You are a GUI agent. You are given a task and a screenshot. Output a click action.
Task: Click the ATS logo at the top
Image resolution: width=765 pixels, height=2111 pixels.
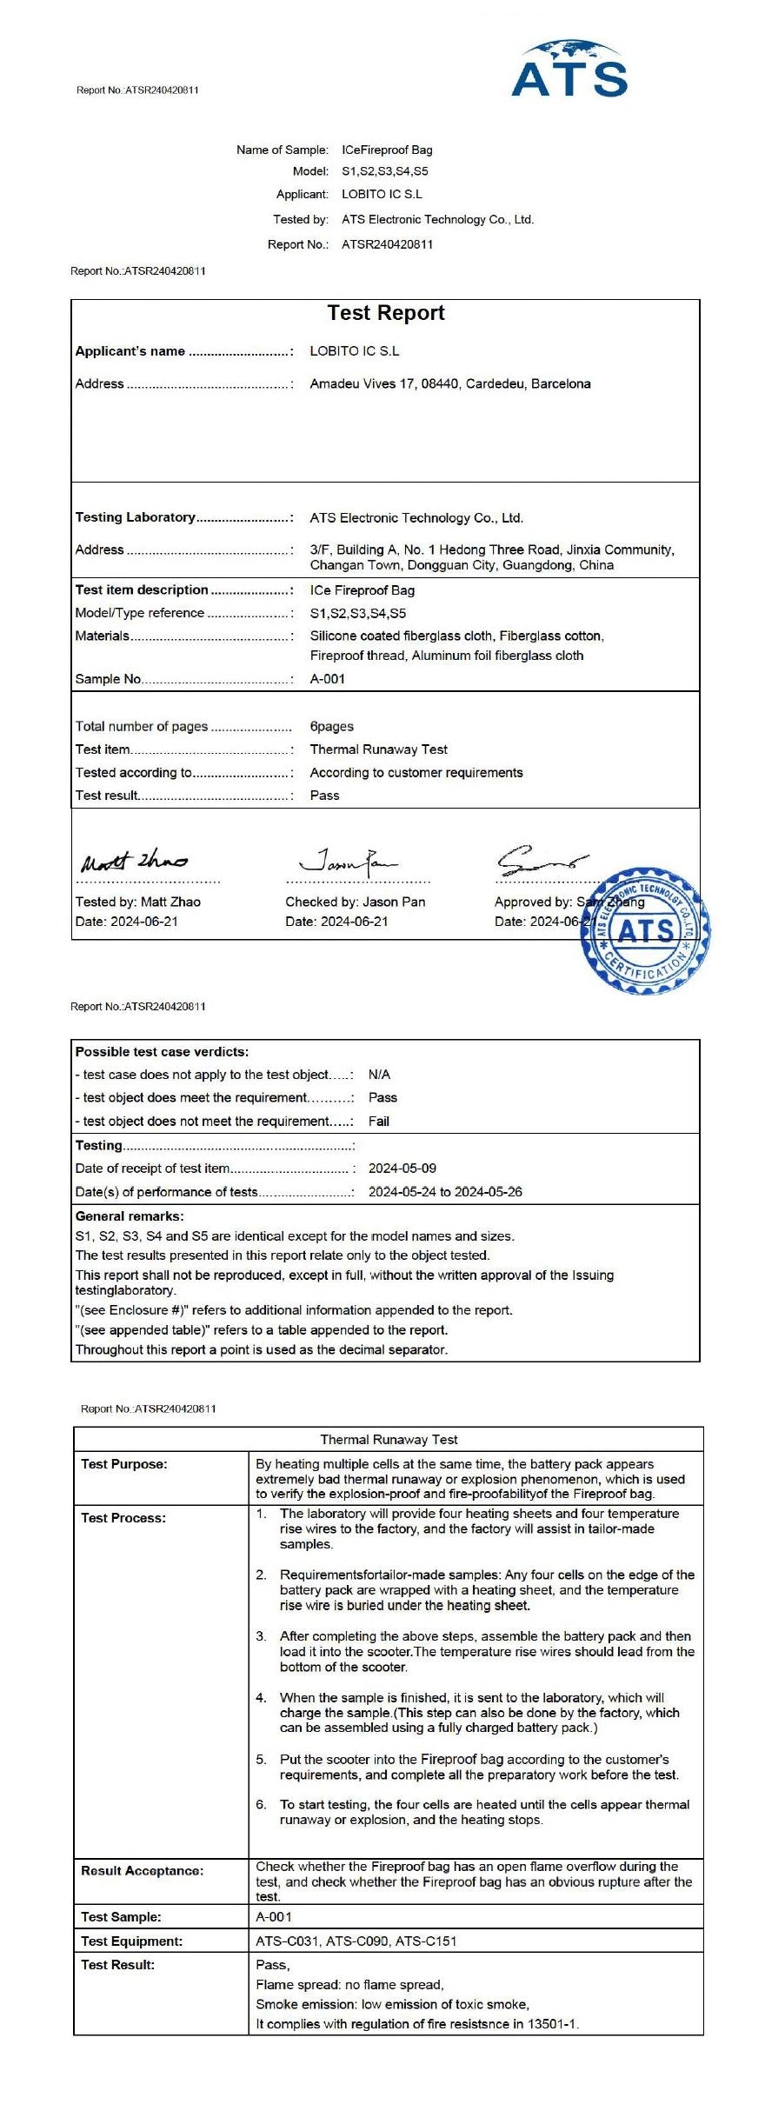(x=569, y=70)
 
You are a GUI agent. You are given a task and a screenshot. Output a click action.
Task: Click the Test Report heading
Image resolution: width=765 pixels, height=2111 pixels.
(x=385, y=313)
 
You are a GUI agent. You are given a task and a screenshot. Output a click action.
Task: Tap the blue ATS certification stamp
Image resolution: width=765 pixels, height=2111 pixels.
(x=645, y=930)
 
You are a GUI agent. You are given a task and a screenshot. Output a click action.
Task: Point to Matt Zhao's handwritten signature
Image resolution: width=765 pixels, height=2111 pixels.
(x=134, y=861)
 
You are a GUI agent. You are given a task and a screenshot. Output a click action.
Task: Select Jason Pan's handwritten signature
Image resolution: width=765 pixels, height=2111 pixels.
(x=348, y=861)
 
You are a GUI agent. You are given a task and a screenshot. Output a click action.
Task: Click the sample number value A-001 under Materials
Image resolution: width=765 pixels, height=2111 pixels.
(x=328, y=679)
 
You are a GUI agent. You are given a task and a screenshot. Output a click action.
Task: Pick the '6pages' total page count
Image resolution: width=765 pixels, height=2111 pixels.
(x=332, y=726)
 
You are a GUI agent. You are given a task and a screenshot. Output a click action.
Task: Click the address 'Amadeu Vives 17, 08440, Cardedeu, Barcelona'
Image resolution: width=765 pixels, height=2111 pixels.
(x=450, y=383)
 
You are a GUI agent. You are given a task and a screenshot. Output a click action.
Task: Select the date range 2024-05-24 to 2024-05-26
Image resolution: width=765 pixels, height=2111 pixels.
(x=445, y=1191)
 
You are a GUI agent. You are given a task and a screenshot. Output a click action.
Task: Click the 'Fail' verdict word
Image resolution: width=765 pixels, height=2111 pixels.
(x=379, y=1121)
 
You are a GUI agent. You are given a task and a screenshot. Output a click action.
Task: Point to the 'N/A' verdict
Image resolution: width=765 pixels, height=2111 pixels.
(x=379, y=1075)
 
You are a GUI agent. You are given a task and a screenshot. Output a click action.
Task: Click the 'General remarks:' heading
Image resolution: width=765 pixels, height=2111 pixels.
(x=130, y=1215)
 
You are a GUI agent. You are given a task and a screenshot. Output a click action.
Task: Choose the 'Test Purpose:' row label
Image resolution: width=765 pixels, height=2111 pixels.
(x=124, y=1464)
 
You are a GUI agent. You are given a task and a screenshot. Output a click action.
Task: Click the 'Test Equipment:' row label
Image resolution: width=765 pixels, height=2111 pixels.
(x=131, y=1941)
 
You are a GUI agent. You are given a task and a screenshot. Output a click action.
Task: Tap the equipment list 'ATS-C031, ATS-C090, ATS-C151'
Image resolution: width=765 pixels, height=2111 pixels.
(x=356, y=1941)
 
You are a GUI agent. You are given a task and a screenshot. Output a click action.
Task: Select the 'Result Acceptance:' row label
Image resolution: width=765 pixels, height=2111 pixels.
(x=142, y=1870)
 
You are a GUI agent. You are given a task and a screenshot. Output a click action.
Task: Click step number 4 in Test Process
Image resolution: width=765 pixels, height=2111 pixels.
(x=261, y=1697)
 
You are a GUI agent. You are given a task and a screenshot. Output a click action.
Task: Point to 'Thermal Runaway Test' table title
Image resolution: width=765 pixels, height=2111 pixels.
(x=389, y=1439)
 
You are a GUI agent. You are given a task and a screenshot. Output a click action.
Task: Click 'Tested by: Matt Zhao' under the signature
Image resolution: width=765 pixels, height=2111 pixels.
(x=138, y=902)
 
